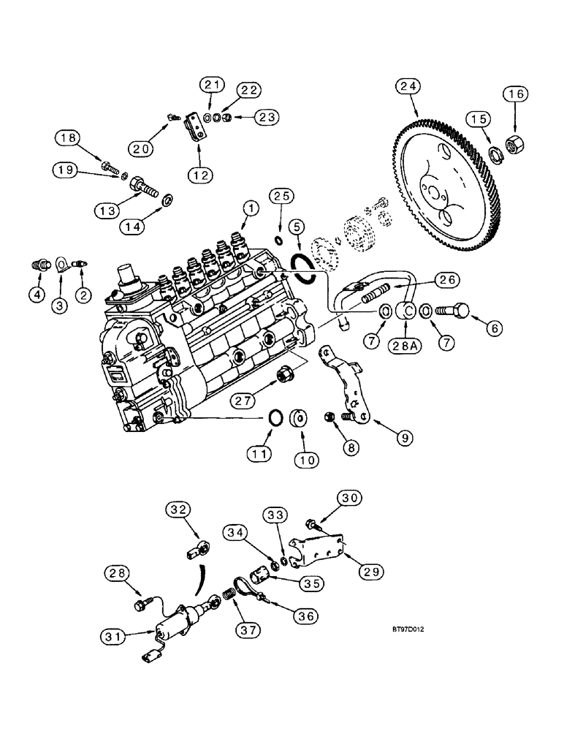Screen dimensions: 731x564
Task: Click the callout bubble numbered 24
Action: pos(410,87)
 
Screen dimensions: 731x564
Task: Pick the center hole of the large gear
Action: pos(436,193)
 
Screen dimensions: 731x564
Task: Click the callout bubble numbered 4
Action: pos(37,295)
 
